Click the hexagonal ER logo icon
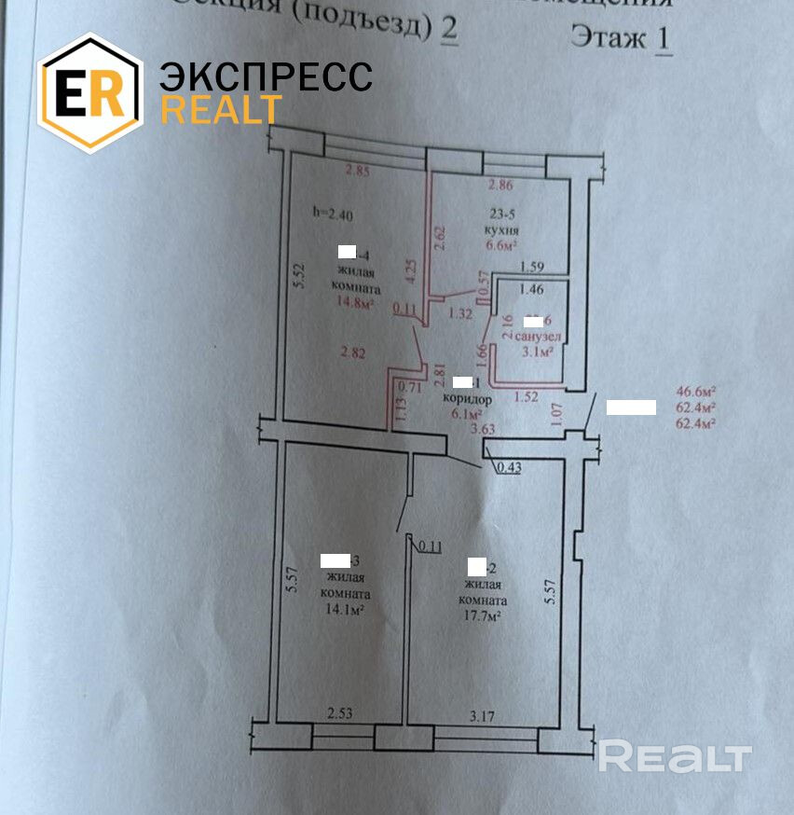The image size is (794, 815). click(89, 92)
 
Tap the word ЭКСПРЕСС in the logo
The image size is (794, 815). click(266, 76)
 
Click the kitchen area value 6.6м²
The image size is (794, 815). click(500, 246)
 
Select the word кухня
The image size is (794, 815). click(501, 229)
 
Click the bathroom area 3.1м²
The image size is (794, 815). click(538, 352)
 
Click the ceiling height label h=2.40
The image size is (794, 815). click(332, 213)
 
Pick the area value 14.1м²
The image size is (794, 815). click(343, 610)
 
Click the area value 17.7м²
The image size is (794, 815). click(484, 616)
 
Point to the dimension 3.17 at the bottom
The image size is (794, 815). click(484, 716)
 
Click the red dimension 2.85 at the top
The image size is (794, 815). click(358, 171)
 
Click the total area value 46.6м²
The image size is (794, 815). click(695, 393)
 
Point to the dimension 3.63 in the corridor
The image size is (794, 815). click(484, 430)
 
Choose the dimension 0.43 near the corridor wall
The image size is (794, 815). click(509, 468)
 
